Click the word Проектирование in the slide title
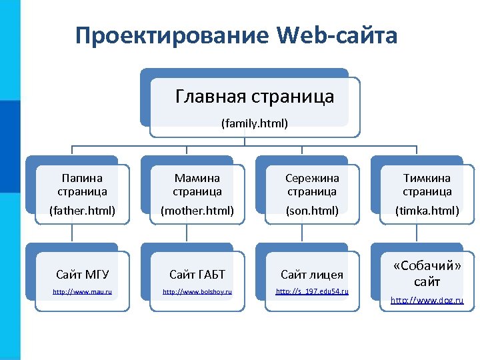tap(171, 35)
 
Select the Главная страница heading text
tap(255, 97)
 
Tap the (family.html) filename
tap(255, 123)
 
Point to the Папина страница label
tap(82, 185)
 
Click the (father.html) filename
tap(82, 211)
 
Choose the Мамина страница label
tap(197, 185)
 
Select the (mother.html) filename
tap(197, 211)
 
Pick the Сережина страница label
tap(312, 185)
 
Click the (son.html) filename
tap(312, 211)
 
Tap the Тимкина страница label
tap(427, 185)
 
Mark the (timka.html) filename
tap(427, 211)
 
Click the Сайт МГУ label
tap(82, 274)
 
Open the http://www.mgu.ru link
tap(82, 292)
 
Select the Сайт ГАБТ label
tap(197, 274)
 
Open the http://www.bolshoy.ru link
tap(197, 292)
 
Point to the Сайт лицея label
tap(312, 274)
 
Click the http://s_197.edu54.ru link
tap(312, 292)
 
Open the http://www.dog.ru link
tap(427, 301)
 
